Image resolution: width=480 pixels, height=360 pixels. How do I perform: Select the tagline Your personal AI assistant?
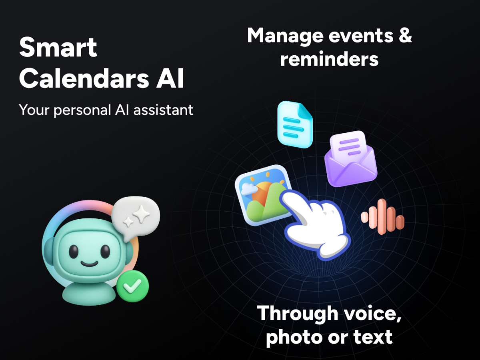point(106,110)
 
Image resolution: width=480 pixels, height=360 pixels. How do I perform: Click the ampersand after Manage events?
point(404,36)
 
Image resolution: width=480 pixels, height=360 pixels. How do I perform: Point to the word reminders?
point(329,59)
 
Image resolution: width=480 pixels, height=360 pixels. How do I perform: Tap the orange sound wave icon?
point(382,217)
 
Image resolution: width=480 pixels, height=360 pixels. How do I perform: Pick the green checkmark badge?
point(132,286)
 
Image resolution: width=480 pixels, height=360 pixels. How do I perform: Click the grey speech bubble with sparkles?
point(135,218)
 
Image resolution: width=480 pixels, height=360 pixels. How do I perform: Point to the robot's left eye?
point(74,252)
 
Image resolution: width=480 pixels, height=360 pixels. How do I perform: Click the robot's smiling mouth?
point(89,264)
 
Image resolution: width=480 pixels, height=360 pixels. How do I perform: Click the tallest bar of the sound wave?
point(382,216)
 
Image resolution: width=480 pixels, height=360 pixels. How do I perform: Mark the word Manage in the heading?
point(285,36)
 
